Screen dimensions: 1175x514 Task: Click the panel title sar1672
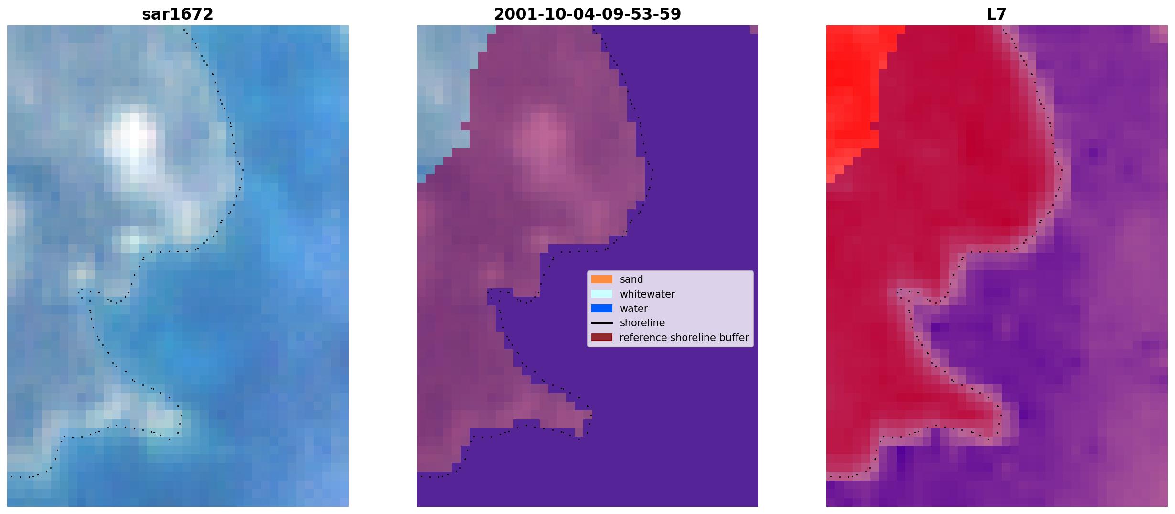pos(178,14)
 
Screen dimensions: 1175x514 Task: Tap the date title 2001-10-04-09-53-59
pos(587,14)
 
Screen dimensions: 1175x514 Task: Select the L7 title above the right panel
pos(997,14)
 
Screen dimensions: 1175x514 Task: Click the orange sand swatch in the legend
pos(602,279)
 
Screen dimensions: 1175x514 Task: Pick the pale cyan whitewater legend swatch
pos(602,294)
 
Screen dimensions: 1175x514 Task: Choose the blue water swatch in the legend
pos(602,309)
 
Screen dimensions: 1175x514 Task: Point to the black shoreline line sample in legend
pos(602,323)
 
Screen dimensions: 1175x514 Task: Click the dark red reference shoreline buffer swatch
pos(602,338)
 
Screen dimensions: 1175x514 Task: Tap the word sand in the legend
pos(631,279)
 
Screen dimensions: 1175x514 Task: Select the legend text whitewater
pos(647,294)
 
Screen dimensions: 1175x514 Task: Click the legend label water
pos(634,309)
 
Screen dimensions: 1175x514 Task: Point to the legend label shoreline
pos(642,323)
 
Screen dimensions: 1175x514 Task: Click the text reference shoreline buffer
pos(684,338)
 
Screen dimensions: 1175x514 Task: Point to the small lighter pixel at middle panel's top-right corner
pos(754,30)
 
